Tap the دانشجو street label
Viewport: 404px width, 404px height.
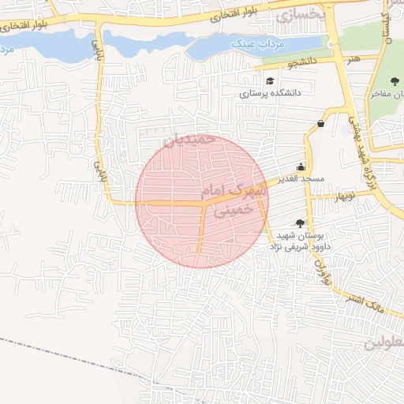[x=301, y=60]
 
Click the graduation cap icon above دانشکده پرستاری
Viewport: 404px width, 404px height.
[x=271, y=80]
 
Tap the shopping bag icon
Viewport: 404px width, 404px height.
[x=320, y=123]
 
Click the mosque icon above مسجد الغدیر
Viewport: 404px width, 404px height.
[x=300, y=166]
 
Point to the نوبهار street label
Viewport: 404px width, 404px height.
[x=343, y=194]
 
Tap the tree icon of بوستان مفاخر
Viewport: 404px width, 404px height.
[x=395, y=81]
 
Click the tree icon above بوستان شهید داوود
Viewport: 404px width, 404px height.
[x=299, y=224]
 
